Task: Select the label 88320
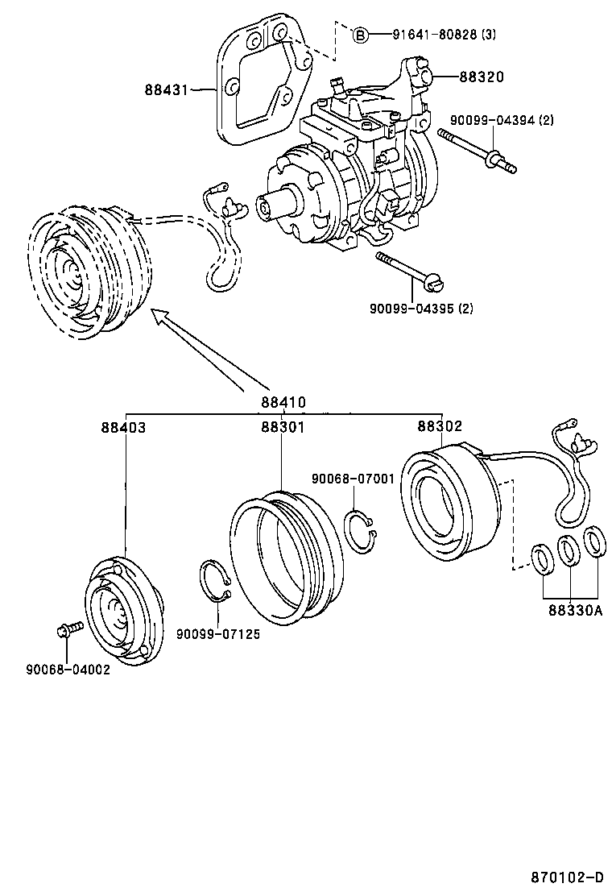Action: (482, 77)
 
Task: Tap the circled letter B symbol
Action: (361, 35)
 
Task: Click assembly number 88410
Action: (283, 402)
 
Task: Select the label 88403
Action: (123, 427)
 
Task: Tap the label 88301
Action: (282, 427)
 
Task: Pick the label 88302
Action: (440, 426)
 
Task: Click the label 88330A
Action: (575, 610)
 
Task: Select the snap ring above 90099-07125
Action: (215, 583)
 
